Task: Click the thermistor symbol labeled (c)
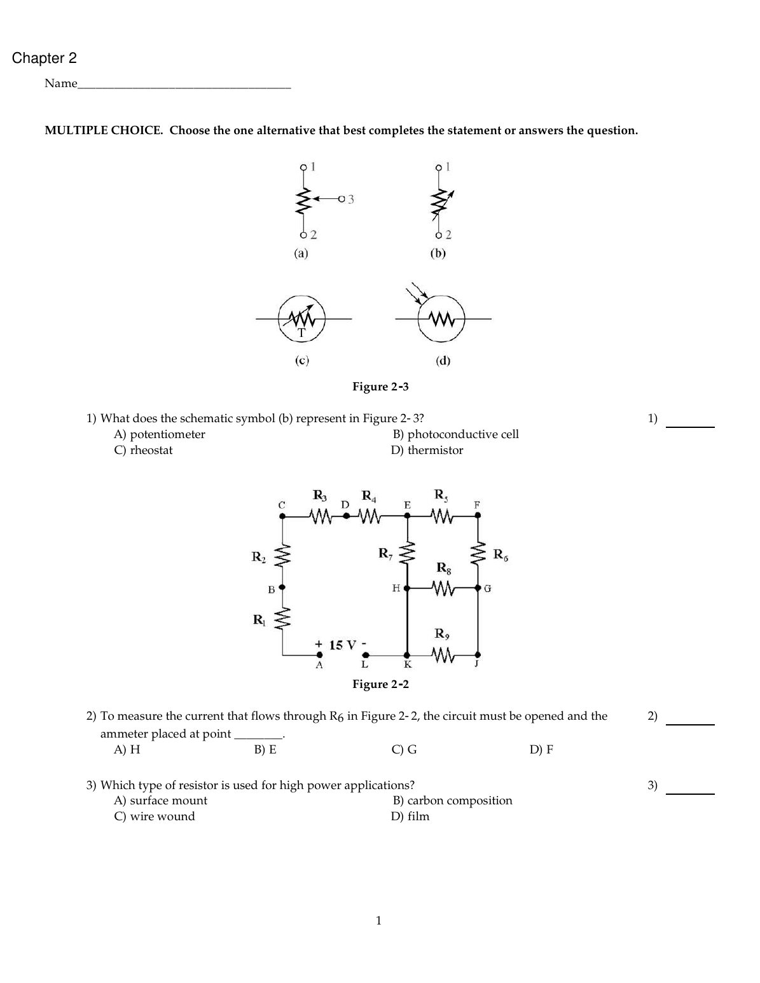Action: tap(301, 319)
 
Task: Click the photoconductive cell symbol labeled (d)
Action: tap(441, 317)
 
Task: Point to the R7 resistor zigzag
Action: tap(407, 554)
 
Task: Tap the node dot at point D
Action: tap(346, 516)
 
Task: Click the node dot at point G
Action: tap(478, 588)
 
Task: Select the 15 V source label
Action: tap(341, 645)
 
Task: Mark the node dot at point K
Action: tap(407, 654)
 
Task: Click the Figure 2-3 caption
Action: tap(380, 387)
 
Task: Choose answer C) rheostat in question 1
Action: tap(143, 450)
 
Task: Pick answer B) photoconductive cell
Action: tap(455, 434)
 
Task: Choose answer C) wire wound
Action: tap(155, 816)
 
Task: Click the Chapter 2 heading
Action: tap(45, 58)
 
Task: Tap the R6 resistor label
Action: tap(501, 554)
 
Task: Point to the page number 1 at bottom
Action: tap(379, 920)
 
